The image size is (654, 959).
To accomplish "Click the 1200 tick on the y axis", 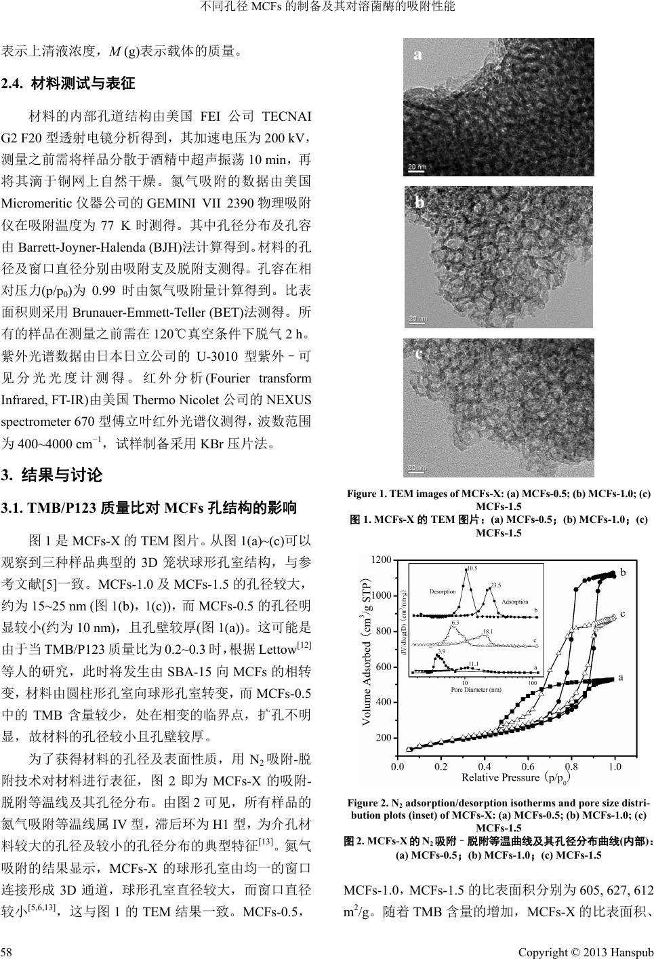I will (x=382, y=560).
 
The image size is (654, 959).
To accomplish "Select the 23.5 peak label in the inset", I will (x=495, y=584).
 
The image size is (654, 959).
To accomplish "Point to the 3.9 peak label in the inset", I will (x=441, y=650).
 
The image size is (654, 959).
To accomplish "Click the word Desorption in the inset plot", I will (x=443, y=592).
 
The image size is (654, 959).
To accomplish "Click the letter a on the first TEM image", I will (x=418, y=55).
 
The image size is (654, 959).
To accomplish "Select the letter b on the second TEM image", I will (x=420, y=202).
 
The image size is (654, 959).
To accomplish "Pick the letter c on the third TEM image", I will (x=420, y=353).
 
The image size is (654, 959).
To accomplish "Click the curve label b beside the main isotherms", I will (x=622, y=572).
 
